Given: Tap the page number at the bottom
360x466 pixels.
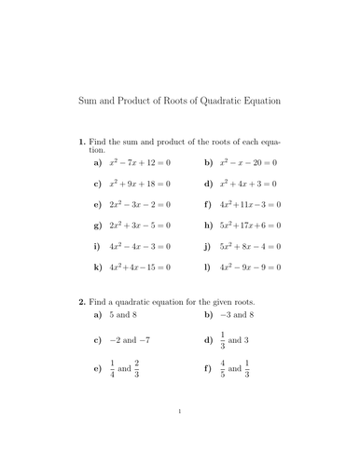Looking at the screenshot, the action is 180,435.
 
